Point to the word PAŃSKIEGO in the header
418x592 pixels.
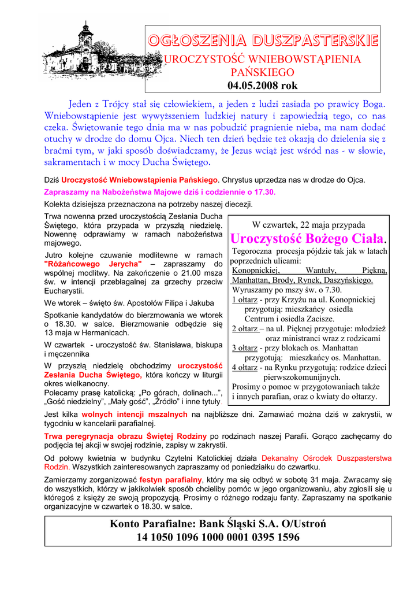pos(263,72)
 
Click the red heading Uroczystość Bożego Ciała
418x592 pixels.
pos(307,239)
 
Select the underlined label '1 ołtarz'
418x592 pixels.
pos(245,300)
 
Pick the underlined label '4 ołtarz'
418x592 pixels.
pos(245,367)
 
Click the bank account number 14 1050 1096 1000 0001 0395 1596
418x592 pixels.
pos(218,538)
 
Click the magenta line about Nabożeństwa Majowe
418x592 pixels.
pos(160,192)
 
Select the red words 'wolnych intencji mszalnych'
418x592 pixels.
pos(135,415)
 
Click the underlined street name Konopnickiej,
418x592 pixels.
pos(256,271)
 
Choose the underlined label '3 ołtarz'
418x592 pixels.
pos(245,348)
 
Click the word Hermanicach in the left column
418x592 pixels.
pos(104,333)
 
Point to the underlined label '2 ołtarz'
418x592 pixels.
pos(245,329)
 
